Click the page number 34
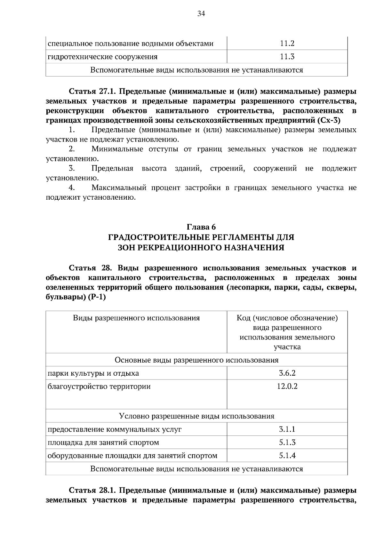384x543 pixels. click(201, 13)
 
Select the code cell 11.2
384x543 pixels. click(287, 44)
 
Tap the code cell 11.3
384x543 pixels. click(287, 57)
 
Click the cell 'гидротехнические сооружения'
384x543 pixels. click(102, 57)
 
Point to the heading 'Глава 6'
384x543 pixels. click(201, 227)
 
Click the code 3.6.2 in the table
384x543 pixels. click(287, 373)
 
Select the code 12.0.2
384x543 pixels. click(287, 386)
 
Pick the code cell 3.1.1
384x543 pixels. click(287, 429)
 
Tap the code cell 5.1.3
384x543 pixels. click(287, 443)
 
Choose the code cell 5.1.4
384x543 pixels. click(287, 456)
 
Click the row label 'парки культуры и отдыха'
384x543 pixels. click(93, 373)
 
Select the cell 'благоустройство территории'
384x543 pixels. click(99, 387)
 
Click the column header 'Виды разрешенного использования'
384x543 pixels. click(136, 318)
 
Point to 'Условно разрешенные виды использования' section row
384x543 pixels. click(196, 416)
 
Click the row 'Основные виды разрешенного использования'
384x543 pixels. click(196, 360)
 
